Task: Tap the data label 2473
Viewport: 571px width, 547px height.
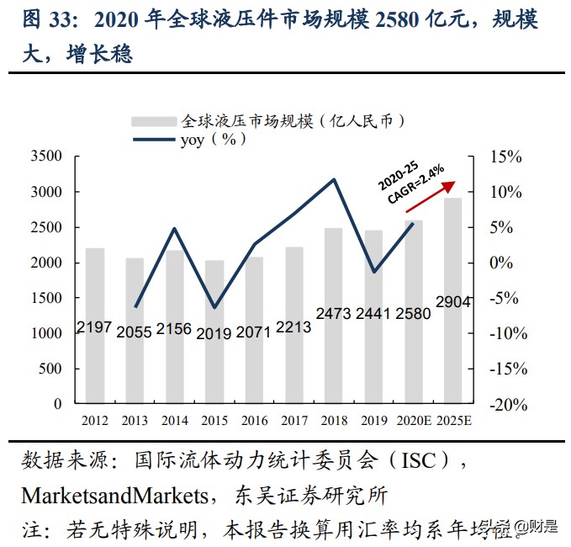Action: pos(334,314)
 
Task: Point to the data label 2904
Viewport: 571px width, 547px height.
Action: pos(452,301)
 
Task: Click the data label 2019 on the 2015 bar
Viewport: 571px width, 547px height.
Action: pos(214,333)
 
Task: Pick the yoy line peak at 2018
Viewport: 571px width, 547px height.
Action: pos(334,179)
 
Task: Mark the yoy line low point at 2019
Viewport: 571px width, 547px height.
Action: pos(373,272)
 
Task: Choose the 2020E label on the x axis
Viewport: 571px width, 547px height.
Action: pos(413,420)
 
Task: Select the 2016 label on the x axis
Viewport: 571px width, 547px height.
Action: pos(254,420)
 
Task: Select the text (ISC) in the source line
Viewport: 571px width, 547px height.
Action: pos(417,461)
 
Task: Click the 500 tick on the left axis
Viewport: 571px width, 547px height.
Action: pos(50,369)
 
